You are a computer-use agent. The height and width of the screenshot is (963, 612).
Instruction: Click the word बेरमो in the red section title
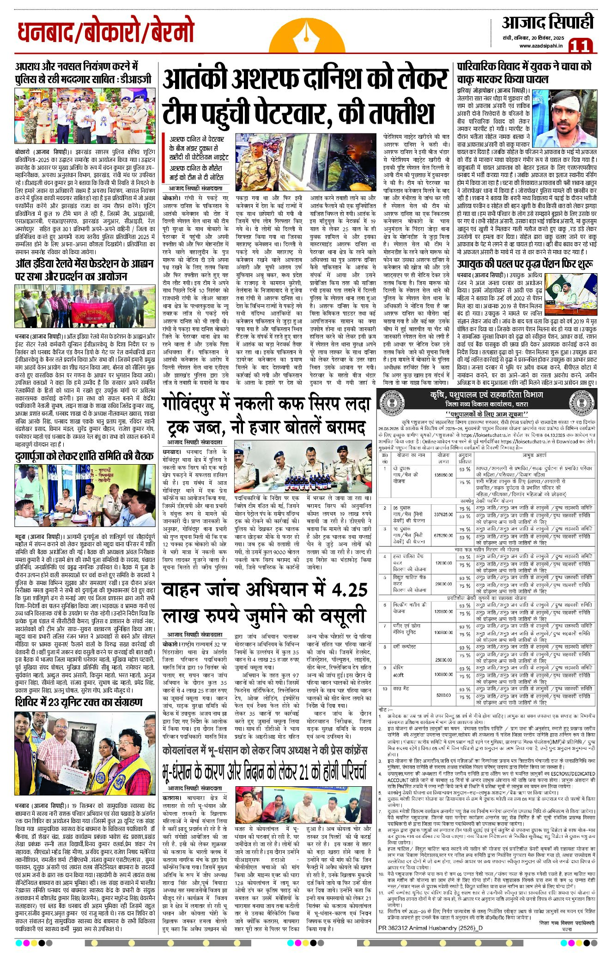click(x=168, y=33)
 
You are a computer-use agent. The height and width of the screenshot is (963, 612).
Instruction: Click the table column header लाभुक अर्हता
click(x=531, y=455)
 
